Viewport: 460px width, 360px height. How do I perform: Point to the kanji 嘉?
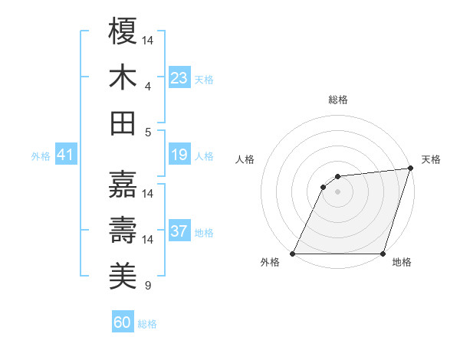tap(123, 184)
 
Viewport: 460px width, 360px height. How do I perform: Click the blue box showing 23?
tap(179, 78)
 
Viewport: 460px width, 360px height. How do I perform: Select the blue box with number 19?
tap(179, 155)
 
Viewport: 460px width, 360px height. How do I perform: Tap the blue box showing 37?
tap(179, 232)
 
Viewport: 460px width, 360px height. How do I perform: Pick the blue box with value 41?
tap(66, 155)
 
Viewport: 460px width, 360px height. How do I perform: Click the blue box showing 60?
tap(123, 322)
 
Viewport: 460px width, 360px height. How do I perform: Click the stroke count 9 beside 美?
tap(148, 286)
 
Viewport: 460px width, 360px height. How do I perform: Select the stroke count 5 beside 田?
tap(148, 132)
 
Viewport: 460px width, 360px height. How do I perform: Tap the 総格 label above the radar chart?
tap(337, 100)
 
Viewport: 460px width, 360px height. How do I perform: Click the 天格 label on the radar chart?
tap(432, 159)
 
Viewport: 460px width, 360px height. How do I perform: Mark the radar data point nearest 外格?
tap(293, 254)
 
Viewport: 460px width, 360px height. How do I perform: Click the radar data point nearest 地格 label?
tap(383, 254)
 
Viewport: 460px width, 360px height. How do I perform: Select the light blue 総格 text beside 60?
tap(147, 324)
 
